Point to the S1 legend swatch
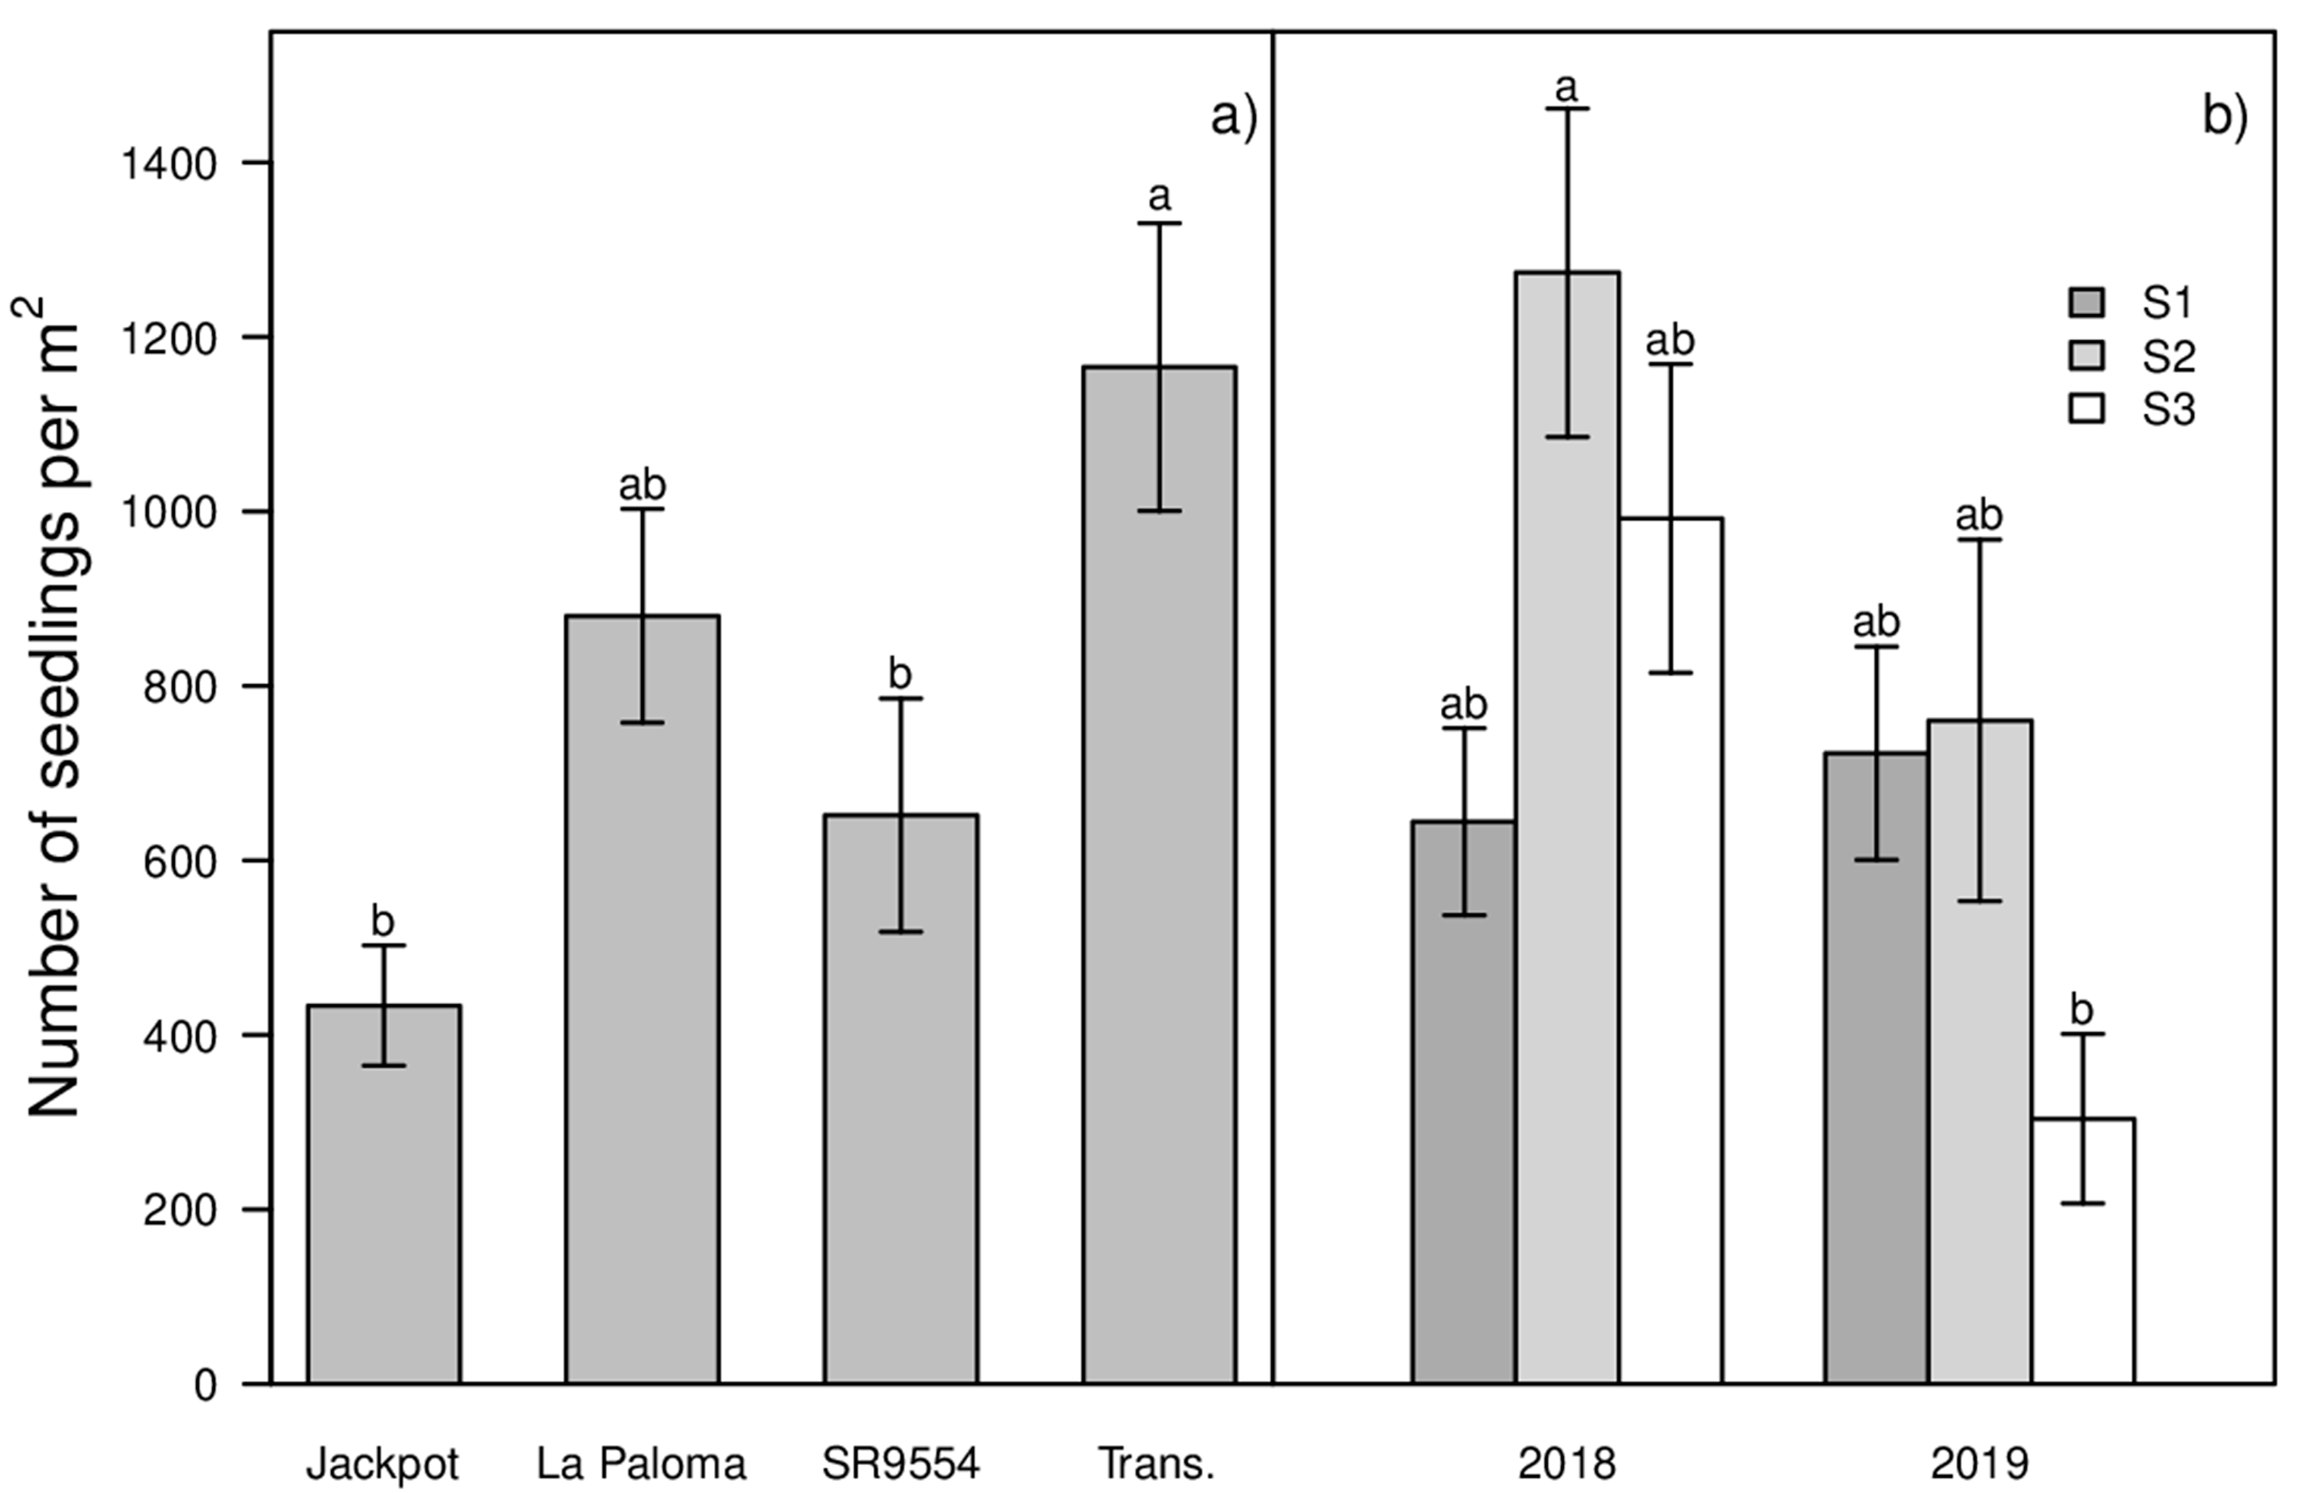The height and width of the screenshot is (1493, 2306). coord(2086,303)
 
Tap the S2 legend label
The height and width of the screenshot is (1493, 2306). coord(2168,356)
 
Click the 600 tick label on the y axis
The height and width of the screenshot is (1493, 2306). coord(180,862)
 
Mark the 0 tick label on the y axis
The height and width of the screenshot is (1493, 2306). coord(205,1385)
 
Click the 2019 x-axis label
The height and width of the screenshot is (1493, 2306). coord(1978,1463)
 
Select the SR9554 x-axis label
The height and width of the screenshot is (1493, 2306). coord(900,1463)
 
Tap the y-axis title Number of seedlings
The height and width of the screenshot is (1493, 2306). coord(53,707)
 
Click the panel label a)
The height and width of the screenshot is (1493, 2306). coord(1233,117)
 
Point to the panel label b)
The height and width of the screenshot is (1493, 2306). coord(2224,117)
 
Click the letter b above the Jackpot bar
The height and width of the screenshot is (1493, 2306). coord(383,920)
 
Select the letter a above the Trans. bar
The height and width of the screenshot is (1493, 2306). coord(1159,197)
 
